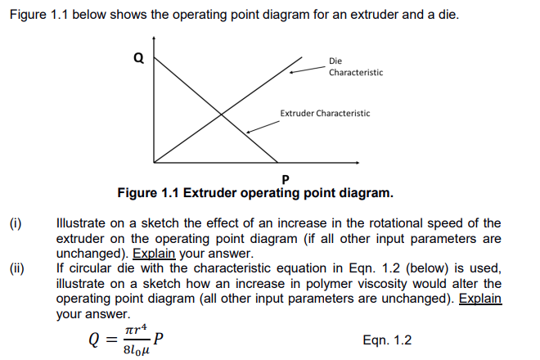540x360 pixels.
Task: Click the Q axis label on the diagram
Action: [x=138, y=58]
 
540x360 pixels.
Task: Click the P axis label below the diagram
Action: [x=285, y=178]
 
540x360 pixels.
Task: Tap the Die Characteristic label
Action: [x=355, y=66]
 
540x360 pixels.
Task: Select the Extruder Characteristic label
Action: [x=325, y=113]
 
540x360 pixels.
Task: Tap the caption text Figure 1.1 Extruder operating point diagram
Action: [x=255, y=194]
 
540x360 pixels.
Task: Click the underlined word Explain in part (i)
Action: [x=155, y=253]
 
